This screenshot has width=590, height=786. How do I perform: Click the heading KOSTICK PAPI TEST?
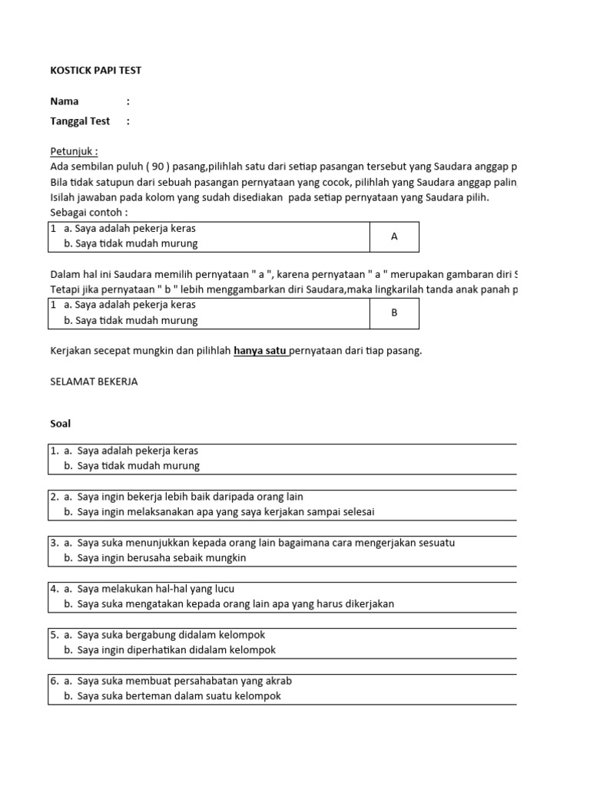tap(95, 71)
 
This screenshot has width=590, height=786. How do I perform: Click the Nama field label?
tap(65, 101)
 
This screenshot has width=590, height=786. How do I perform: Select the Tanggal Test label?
tap(80, 121)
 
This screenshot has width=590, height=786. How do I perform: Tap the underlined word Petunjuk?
tap(74, 151)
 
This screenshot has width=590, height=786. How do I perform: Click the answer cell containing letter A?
tap(394, 236)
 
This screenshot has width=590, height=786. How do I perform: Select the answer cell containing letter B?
tap(394, 313)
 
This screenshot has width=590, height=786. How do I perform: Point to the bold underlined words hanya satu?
tap(260, 351)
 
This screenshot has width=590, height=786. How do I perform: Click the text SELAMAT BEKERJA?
tap(94, 381)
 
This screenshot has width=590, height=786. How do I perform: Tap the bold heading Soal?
tap(60, 424)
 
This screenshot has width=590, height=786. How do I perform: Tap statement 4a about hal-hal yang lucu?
tap(155, 589)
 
